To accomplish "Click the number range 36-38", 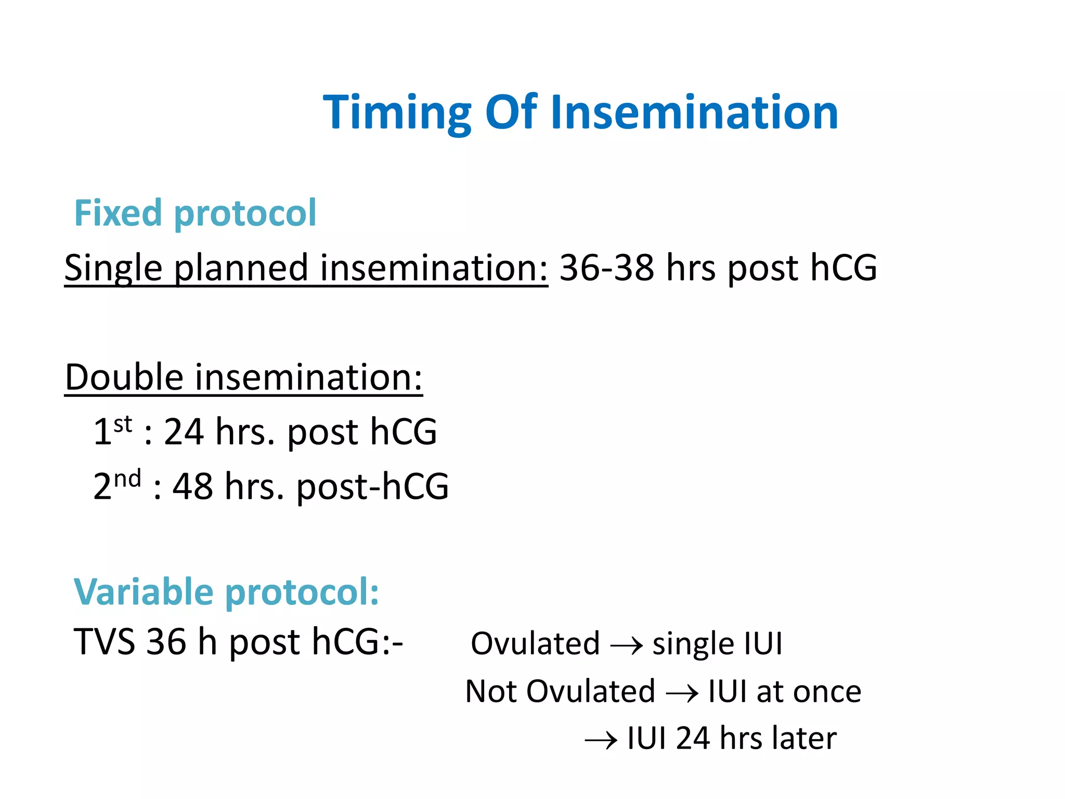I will [x=606, y=268].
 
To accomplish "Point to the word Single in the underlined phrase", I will [x=113, y=268].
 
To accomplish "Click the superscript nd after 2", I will [x=127, y=479].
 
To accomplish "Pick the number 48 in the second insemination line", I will [x=193, y=487].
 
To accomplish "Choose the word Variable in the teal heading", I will [x=144, y=592].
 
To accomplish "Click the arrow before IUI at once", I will [x=682, y=693].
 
